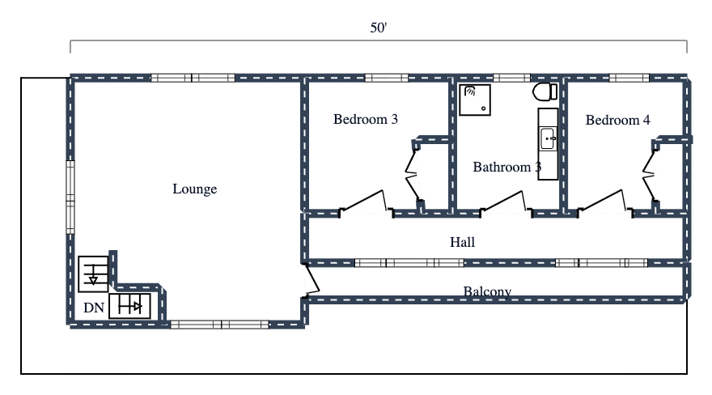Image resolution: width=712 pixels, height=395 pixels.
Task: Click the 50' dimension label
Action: point(379,28)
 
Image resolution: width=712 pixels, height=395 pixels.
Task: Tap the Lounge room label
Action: point(195,189)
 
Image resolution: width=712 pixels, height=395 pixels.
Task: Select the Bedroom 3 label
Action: point(366,120)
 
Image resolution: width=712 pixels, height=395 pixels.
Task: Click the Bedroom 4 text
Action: point(618,120)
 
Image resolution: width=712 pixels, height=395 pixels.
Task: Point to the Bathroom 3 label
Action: point(506,168)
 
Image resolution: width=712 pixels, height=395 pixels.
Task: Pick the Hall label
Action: point(462,242)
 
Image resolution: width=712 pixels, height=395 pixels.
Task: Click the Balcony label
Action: point(487,291)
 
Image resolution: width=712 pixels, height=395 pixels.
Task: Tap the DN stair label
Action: point(93,308)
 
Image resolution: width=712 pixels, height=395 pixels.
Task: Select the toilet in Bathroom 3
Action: point(544,91)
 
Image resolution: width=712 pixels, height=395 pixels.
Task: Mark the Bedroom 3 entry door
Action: point(364,202)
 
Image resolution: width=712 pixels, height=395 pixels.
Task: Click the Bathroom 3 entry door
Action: point(507,202)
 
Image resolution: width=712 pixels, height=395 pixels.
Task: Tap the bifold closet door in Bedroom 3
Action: point(411,173)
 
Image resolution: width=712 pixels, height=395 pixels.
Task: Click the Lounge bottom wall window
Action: point(219,325)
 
